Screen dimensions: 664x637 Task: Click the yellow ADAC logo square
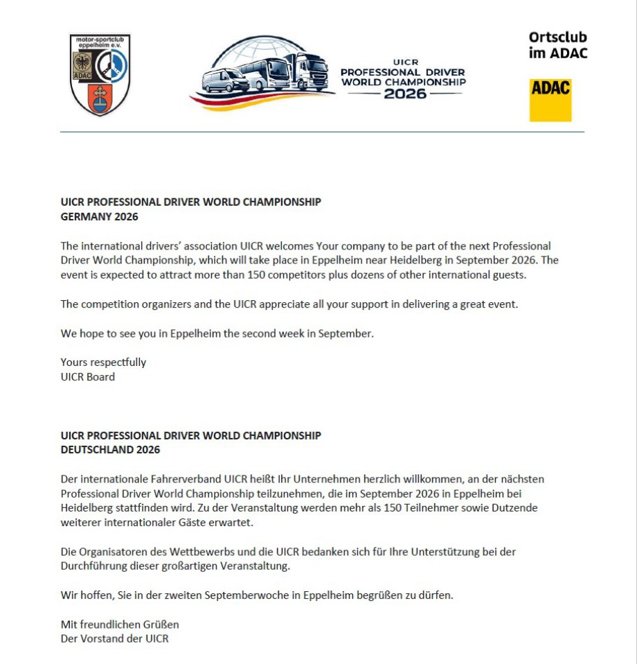point(550,100)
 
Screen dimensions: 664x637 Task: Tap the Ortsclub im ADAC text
point(557,45)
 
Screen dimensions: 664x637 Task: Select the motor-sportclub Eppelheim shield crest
point(100,75)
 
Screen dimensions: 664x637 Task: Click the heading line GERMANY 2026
point(99,217)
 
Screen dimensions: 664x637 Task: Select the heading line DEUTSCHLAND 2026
point(110,450)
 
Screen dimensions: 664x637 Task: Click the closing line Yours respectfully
point(103,362)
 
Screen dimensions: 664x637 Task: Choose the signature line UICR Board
point(87,377)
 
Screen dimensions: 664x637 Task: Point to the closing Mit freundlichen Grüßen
point(120,624)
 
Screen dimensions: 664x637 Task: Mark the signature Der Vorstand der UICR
point(114,638)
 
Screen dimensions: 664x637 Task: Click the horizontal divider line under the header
point(322,132)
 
